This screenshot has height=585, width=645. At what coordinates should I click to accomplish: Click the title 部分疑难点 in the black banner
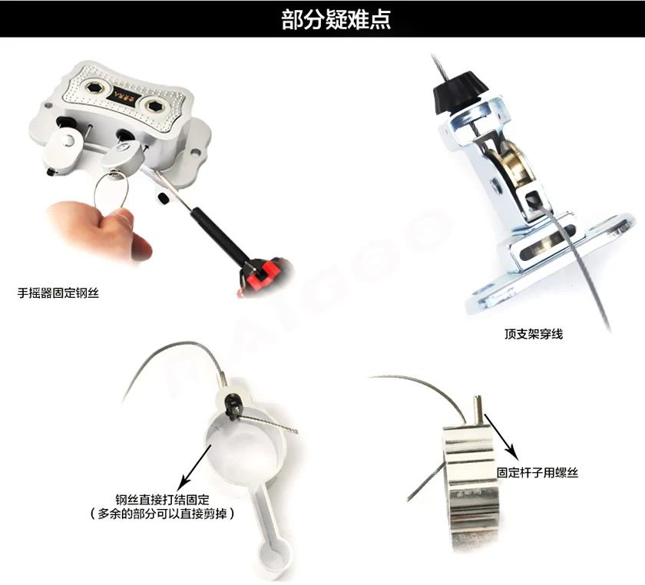click(336, 20)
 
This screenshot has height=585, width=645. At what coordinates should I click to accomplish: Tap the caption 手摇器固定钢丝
click(58, 293)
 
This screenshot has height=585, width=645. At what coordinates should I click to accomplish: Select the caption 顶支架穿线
click(534, 334)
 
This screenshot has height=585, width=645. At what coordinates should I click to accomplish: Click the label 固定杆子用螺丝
click(537, 472)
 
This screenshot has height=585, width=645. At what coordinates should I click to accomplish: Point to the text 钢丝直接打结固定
click(163, 500)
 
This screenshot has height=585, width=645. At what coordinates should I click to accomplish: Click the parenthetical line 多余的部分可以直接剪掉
click(163, 514)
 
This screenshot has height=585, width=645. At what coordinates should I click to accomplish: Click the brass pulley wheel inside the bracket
click(509, 164)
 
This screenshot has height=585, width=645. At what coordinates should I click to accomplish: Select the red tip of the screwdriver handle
click(263, 275)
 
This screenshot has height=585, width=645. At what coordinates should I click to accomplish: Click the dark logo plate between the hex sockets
click(126, 96)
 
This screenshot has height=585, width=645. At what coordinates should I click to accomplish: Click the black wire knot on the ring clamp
click(234, 406)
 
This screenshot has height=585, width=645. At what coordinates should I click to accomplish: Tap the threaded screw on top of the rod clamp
click(477, 410)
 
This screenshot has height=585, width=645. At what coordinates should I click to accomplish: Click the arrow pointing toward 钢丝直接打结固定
click(197, 464)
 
